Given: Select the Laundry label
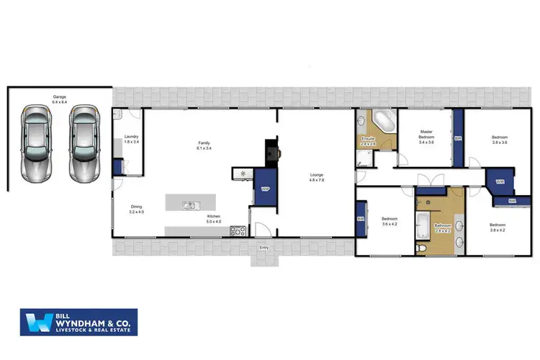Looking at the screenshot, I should tap(131, 138).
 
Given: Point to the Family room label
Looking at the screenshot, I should tap(204, 146).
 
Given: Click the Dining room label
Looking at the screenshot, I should tap(136, 210).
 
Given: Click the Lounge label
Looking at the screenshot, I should tap(316, 177).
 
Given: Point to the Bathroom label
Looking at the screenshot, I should tap(441, 229).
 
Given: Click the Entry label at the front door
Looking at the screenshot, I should tap(264, 248).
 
